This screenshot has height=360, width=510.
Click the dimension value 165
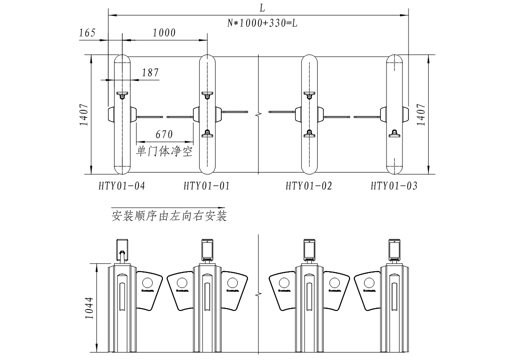(87, 33)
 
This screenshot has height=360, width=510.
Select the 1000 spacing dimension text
(164, 33)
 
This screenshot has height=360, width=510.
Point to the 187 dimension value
(150, 73)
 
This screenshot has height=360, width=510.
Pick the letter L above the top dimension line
(262, 7)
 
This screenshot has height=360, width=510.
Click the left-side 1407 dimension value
(84, 115)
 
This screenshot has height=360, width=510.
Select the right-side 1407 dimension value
(421, 115)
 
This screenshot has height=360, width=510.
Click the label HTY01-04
(122, 186)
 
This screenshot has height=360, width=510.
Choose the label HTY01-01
(207, 186)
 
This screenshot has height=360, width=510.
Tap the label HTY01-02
(309, 186)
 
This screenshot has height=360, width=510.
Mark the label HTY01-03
(394, 186)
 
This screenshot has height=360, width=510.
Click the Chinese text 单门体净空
(164, 151)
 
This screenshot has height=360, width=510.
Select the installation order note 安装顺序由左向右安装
(169, 216)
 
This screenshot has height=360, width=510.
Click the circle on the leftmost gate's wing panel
(148, 283)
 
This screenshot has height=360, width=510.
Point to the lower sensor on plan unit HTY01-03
(394, 134)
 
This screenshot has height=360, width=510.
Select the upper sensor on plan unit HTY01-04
(122, 95)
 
